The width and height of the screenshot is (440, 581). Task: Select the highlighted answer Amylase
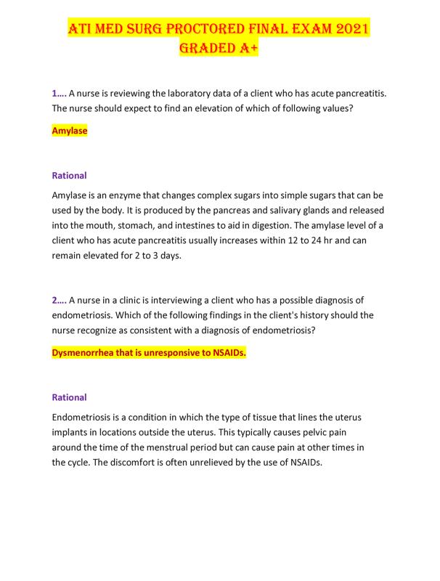[x=70, y=131]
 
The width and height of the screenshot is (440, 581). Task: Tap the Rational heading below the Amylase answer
[x=70, y=176]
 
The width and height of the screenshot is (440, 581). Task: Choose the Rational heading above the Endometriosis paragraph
[x=70, y=397]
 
